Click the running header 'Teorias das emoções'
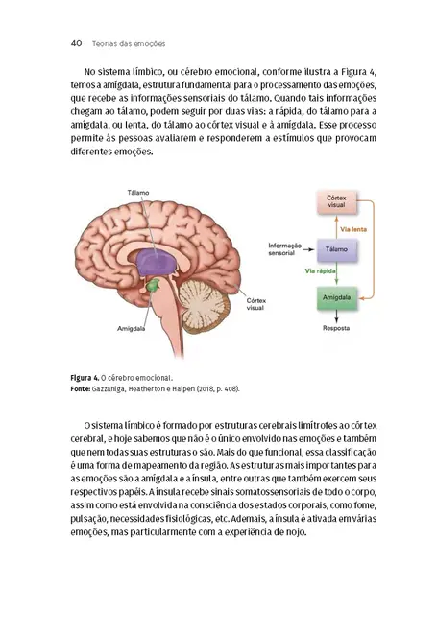tap(128, 43)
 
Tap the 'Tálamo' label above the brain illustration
tap(138, 193)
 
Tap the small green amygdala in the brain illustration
tap(151, 286)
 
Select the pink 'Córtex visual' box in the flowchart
tap(336, 203)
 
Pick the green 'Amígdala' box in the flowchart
tap(336, 299)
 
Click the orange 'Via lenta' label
tap(354, 228)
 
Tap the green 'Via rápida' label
tap(320, 271)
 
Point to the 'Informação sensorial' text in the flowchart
tap(285, 249)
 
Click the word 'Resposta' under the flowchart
tap(336, 327)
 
